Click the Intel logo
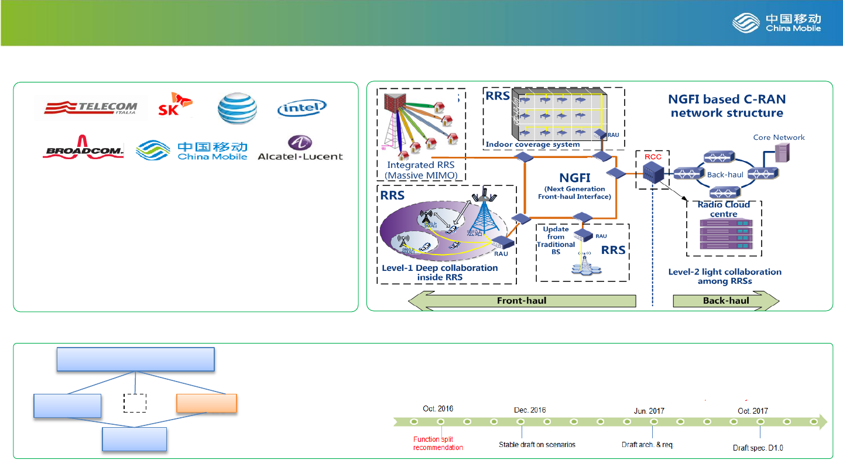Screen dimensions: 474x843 [301, 108]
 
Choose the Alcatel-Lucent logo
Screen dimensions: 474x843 [300, 149]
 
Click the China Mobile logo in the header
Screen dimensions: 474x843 [776, 23]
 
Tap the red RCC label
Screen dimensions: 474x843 [652, 157]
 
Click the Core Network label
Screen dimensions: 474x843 [779, 138]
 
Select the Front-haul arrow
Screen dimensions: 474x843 [521, 301]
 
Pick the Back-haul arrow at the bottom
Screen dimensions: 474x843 [726, 301]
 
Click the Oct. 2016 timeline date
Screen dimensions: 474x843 [438, 409]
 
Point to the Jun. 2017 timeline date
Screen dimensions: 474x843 [649, 411]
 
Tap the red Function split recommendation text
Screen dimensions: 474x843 [438, 444]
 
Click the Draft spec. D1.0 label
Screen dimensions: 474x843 [758, 448]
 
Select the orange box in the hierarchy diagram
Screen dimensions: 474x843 [207, 404]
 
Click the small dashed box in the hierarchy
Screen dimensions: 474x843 [135, 403]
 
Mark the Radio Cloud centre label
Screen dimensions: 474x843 [724, 209]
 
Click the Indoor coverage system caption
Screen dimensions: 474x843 [532, 145]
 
